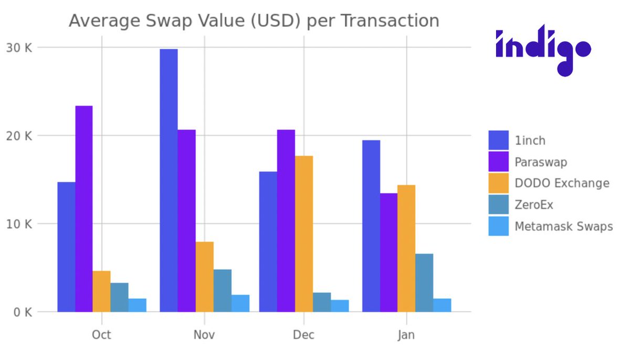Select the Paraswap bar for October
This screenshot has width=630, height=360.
tap(84, 209)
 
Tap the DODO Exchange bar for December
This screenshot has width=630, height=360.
tap(304, 234)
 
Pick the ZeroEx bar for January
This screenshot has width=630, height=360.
tap(424, 283)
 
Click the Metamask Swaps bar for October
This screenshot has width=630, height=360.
tap(138, 305)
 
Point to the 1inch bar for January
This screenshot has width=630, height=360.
tap(371, 226)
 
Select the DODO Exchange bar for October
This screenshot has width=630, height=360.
tap(102, 291)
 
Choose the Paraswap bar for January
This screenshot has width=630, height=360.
tap(388, 252)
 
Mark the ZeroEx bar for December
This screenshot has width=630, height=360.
tap(322, 302)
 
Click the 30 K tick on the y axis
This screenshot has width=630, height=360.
tap(19, 48)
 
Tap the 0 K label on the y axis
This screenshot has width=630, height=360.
tap(22, 312)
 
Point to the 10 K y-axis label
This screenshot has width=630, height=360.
tap(19, 224)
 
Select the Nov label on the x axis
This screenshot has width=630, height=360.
tap(204, 335)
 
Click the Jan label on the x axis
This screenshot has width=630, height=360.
tap(406, 335)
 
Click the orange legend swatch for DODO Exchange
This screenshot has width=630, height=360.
tap(498, 183)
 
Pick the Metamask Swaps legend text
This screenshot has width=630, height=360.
tap(563, 227)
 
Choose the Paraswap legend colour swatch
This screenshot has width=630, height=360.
tap(498, 162)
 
